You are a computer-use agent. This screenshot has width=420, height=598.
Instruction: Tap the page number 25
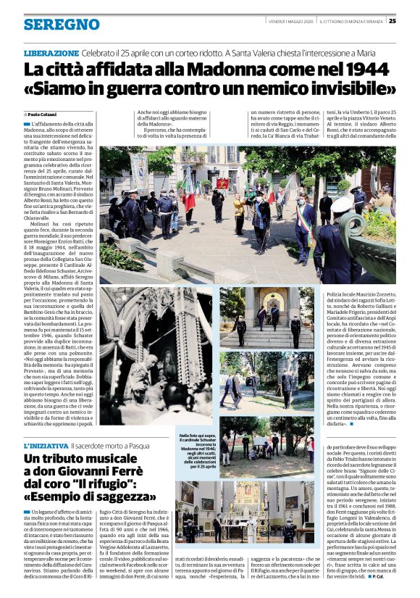[x=392, y=21]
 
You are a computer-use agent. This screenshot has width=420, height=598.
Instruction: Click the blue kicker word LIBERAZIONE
[x=51, y=53]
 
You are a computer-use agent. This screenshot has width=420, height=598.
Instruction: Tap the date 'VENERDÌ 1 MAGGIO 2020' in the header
[x=287, y=21]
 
